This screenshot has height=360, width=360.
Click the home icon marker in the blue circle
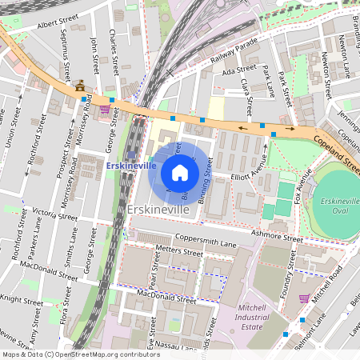(x=179, y=172)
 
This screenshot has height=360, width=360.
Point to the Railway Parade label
(x=234, y=50)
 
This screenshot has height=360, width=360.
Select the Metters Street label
(x=158, y=251)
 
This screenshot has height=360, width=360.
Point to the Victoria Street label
(x=55, y=215)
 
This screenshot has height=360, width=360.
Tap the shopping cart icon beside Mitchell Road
(x=303, y=298)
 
